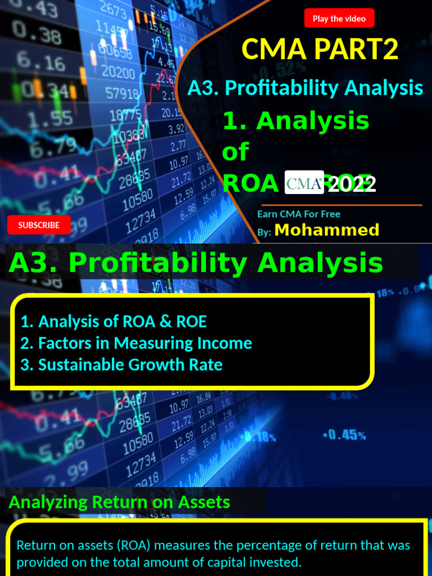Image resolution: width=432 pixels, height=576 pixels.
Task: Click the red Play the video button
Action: (x=339, y=19)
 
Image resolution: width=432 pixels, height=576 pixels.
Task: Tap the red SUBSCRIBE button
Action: (x=39, y=225)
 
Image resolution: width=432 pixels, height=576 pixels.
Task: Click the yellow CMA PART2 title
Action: (x=319, y=49)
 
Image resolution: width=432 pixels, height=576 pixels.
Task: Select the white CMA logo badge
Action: (x=304, y=182)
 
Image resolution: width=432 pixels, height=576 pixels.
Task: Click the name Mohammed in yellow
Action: (x=326, y=229)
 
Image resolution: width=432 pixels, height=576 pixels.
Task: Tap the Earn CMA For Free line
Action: (x=299, y=214)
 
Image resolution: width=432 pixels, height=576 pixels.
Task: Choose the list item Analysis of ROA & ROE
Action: (x=114, y=322)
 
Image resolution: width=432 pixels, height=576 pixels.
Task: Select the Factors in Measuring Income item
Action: (x=136, y=343)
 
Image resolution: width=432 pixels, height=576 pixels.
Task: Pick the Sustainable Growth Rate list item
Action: (x=121, y=364)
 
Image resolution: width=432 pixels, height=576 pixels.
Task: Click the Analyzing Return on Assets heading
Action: (x=119, y=502)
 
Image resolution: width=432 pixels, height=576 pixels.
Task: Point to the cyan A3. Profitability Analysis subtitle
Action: (x=305, y=88)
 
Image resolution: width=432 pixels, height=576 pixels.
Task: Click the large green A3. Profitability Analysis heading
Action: (x=196, y=263)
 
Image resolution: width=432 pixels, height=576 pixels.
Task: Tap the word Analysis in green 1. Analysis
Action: (x=313, y=121)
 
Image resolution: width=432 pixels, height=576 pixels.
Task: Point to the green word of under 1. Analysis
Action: (x=235, y=152)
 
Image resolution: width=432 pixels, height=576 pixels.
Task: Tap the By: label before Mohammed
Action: (x=264, y=232)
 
